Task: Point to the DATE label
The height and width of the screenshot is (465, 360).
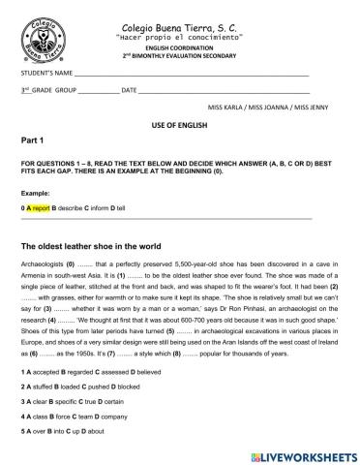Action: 127,90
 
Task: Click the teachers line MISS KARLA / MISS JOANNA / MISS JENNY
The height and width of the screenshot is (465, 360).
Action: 268,108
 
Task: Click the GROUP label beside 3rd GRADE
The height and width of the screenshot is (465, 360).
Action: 66,90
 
